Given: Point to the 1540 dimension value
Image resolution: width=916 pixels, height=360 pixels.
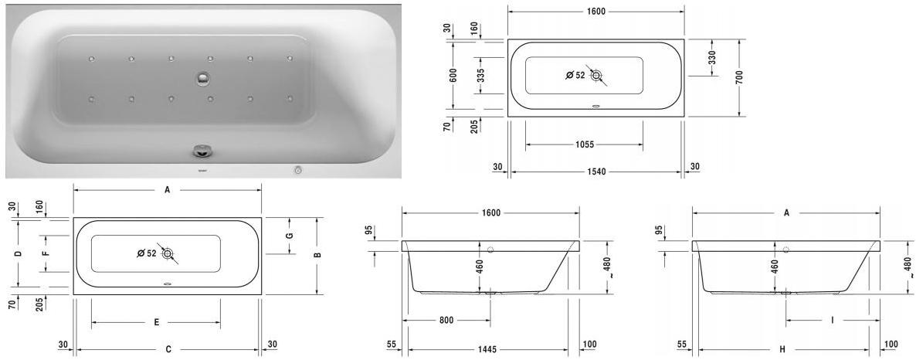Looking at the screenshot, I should point(595,172).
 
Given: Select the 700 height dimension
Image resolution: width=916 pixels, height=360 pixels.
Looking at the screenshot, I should point(739,77).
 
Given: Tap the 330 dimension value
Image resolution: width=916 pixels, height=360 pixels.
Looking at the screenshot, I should point(712,58).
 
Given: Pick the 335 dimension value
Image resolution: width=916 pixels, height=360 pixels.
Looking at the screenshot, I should point(480,75).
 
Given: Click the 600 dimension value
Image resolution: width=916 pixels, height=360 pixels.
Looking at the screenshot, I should point(453,75).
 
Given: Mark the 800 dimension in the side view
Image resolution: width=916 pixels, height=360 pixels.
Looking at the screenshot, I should point(446,320).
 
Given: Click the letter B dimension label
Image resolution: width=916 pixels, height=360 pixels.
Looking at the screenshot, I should point(317,255).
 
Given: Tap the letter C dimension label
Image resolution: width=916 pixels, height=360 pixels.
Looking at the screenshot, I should point(168,350).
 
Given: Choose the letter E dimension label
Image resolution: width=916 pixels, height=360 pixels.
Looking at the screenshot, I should point(156,322).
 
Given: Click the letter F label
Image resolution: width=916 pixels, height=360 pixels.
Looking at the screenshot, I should point(46,253).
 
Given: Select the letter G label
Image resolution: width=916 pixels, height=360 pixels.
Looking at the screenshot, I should point(290,236).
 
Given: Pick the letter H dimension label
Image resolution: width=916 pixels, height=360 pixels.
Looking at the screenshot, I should point(782,350).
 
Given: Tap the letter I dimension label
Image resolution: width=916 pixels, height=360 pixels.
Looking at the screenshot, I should point(833,320).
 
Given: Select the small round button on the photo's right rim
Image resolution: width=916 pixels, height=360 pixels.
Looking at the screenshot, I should point(298,169).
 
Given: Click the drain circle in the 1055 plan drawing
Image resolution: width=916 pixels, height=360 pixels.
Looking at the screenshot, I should point(596,75).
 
